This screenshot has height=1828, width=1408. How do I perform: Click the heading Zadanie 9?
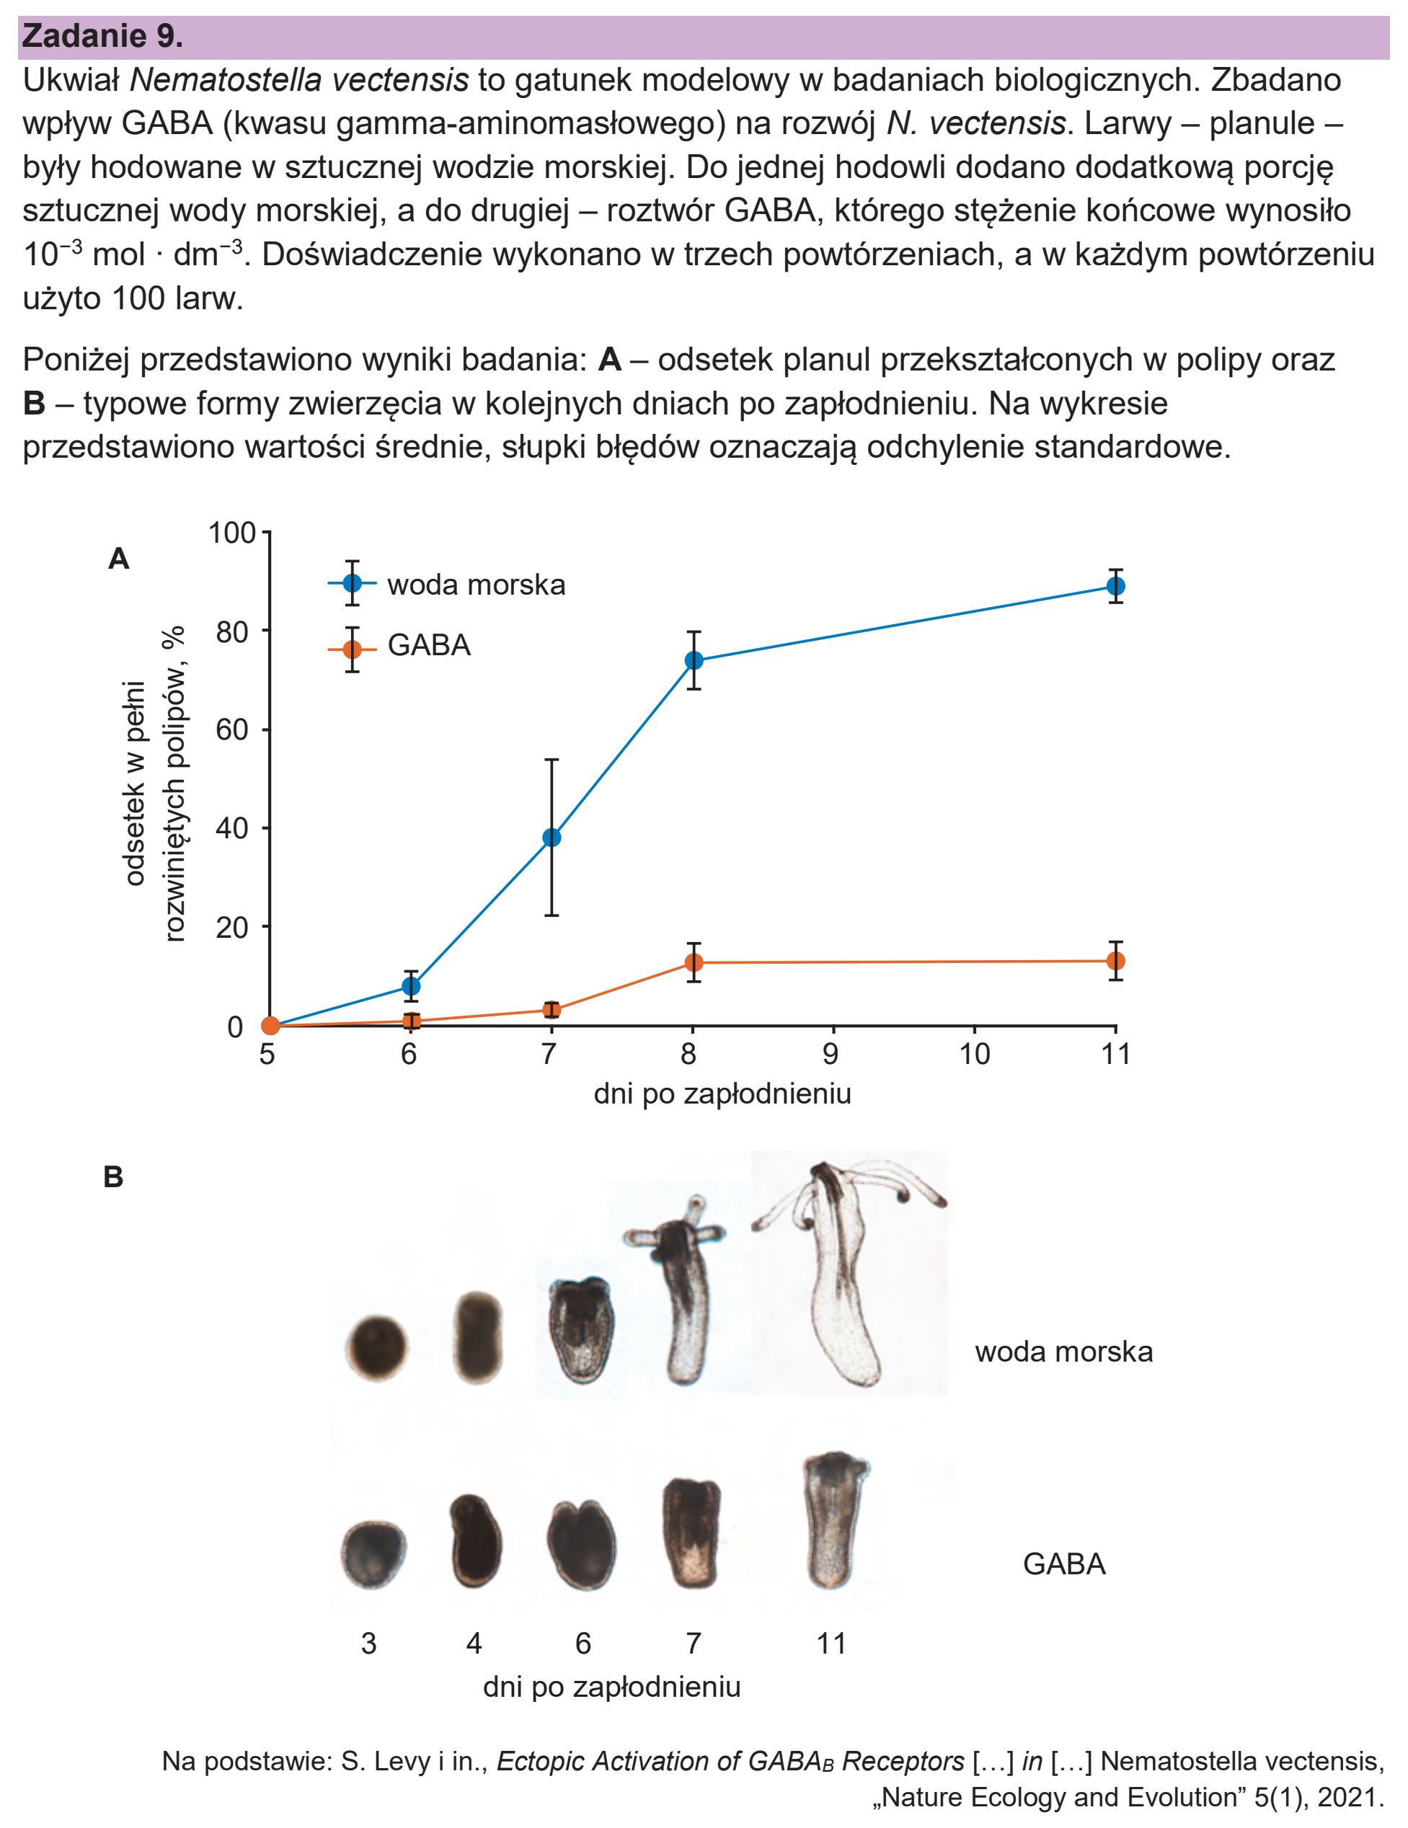(x=102, y=36)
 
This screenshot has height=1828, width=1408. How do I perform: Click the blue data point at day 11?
(x=1115, y=586)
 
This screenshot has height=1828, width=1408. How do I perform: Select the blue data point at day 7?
(x=552, y=837)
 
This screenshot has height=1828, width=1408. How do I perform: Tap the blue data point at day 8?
(x=693, y=660)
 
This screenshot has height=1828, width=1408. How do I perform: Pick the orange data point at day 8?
(x=693, y=962)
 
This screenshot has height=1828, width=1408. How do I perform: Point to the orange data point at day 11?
(x=1115, y=961)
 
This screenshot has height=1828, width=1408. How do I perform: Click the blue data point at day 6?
(x=411, y=987)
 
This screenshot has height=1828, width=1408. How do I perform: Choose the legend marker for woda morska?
(x=353, y=583)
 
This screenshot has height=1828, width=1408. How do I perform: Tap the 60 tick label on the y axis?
(x=232, y=729)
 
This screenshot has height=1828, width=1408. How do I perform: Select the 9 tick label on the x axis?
(x=831, y=1054)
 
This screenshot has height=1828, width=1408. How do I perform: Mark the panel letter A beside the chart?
(x=119, y=559)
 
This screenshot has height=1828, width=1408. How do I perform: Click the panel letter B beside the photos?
(x=113, y=1177)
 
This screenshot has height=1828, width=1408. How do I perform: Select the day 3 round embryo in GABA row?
(x=373, y=1553)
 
